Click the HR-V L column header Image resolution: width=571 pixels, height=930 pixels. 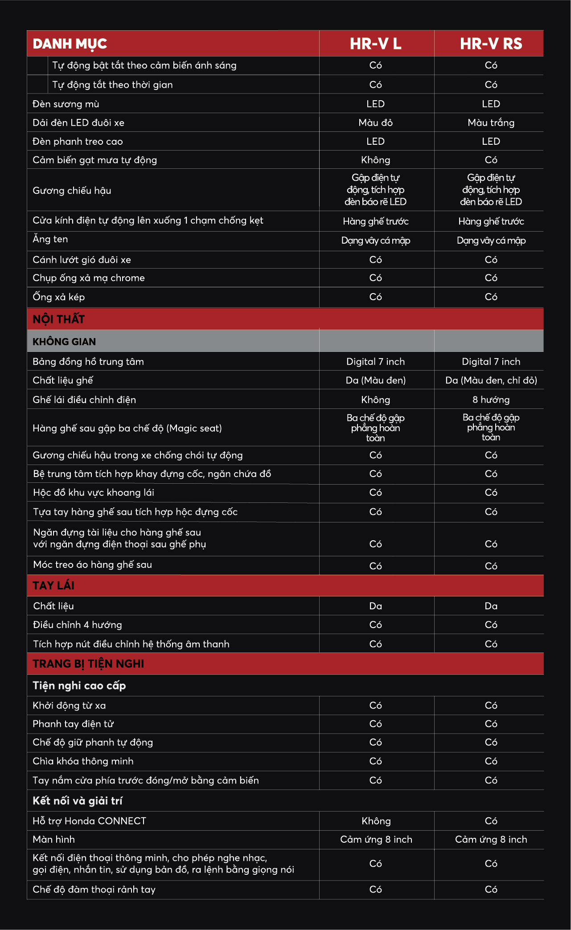tap(376, 44)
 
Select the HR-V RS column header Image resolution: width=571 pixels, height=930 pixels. tap(491, 44)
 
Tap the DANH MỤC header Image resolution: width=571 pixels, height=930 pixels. tap(70, 44)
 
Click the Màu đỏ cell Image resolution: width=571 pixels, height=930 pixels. tap(376, 122)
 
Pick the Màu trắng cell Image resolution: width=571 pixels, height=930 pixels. tap(491, 122)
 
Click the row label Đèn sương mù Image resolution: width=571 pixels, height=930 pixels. tap(66, 104)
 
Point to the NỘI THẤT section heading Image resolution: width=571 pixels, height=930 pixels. tap(59, 319)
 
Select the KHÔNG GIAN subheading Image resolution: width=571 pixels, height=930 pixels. tap(64, 342)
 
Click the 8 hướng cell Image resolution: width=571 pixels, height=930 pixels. tap(491, 400)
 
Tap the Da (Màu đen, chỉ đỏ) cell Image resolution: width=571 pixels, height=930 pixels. tap(491, 380)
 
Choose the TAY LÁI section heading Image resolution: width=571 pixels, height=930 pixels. tap(53, 585)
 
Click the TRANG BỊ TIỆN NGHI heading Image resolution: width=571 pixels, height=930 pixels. tap(88, 664)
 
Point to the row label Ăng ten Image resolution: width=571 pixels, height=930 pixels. tap(50, 239)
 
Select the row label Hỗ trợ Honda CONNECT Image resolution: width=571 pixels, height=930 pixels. tap(89, 821)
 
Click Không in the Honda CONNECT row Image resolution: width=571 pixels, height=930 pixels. tap(376, 821)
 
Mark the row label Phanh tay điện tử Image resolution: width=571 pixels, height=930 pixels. tap(73, 724)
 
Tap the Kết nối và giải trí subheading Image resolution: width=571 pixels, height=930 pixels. tap(78, 801)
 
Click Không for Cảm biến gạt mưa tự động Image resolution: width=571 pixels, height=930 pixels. tap(376, 160)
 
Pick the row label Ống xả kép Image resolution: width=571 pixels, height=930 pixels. tap(58, 297)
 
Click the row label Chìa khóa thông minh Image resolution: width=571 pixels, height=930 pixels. tap(83, 761)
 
